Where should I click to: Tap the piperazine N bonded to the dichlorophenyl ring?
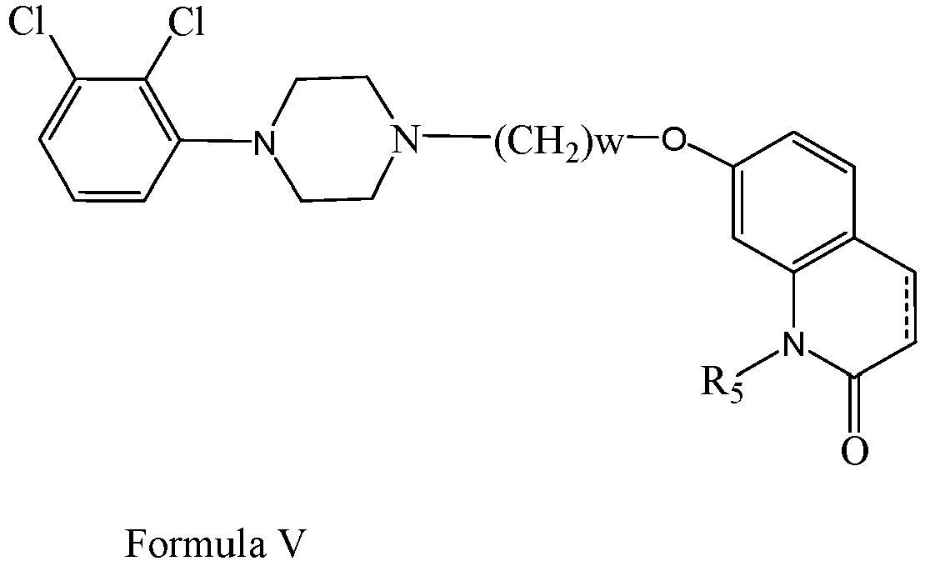[x=266, y=143]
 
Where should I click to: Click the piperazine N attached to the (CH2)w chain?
[x=406, y=141]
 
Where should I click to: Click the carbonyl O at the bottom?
[x=854, y=451]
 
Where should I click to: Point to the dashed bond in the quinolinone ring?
[x=907, y=313]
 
